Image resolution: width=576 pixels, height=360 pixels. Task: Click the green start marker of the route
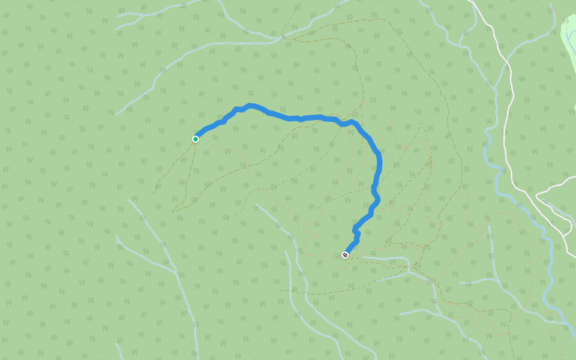pos(196,139)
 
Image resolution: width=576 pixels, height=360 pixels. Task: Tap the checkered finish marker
pos(346,255)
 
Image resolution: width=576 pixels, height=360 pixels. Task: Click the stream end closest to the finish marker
pos(364,258)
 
